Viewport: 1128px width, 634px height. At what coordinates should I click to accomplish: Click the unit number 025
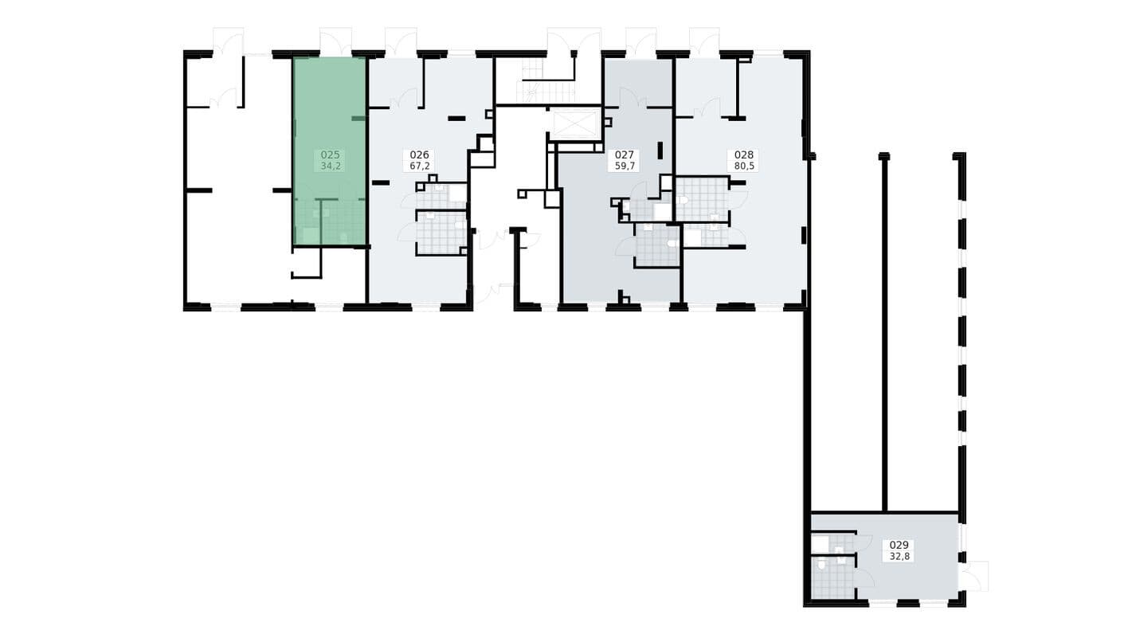331,155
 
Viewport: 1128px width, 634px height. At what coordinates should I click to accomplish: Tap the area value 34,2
331,166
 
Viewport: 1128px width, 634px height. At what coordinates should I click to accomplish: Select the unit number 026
420,155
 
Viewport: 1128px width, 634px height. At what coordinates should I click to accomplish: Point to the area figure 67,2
420,166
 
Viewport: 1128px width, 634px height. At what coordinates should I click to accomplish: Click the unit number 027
625,155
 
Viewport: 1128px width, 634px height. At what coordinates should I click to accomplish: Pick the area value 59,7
625,166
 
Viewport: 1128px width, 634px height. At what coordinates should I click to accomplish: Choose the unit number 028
744,155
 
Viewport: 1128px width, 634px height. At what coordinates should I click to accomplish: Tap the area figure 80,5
744,166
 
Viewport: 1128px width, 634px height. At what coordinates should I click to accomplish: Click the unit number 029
899,545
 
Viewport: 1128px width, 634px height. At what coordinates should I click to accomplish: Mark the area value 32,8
899,557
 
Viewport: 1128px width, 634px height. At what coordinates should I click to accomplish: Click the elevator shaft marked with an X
574,124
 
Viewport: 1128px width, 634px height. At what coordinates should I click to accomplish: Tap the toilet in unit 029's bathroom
822,566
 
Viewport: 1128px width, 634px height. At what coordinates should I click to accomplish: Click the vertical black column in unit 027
660,151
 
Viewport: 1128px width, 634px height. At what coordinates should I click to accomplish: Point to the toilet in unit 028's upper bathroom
683,200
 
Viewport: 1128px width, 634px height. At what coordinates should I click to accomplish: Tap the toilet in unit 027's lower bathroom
672,244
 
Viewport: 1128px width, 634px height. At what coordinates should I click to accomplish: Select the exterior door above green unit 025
335,41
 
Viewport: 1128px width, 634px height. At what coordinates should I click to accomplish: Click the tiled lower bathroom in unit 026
441,233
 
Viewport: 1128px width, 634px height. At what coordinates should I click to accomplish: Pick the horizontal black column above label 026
457,119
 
